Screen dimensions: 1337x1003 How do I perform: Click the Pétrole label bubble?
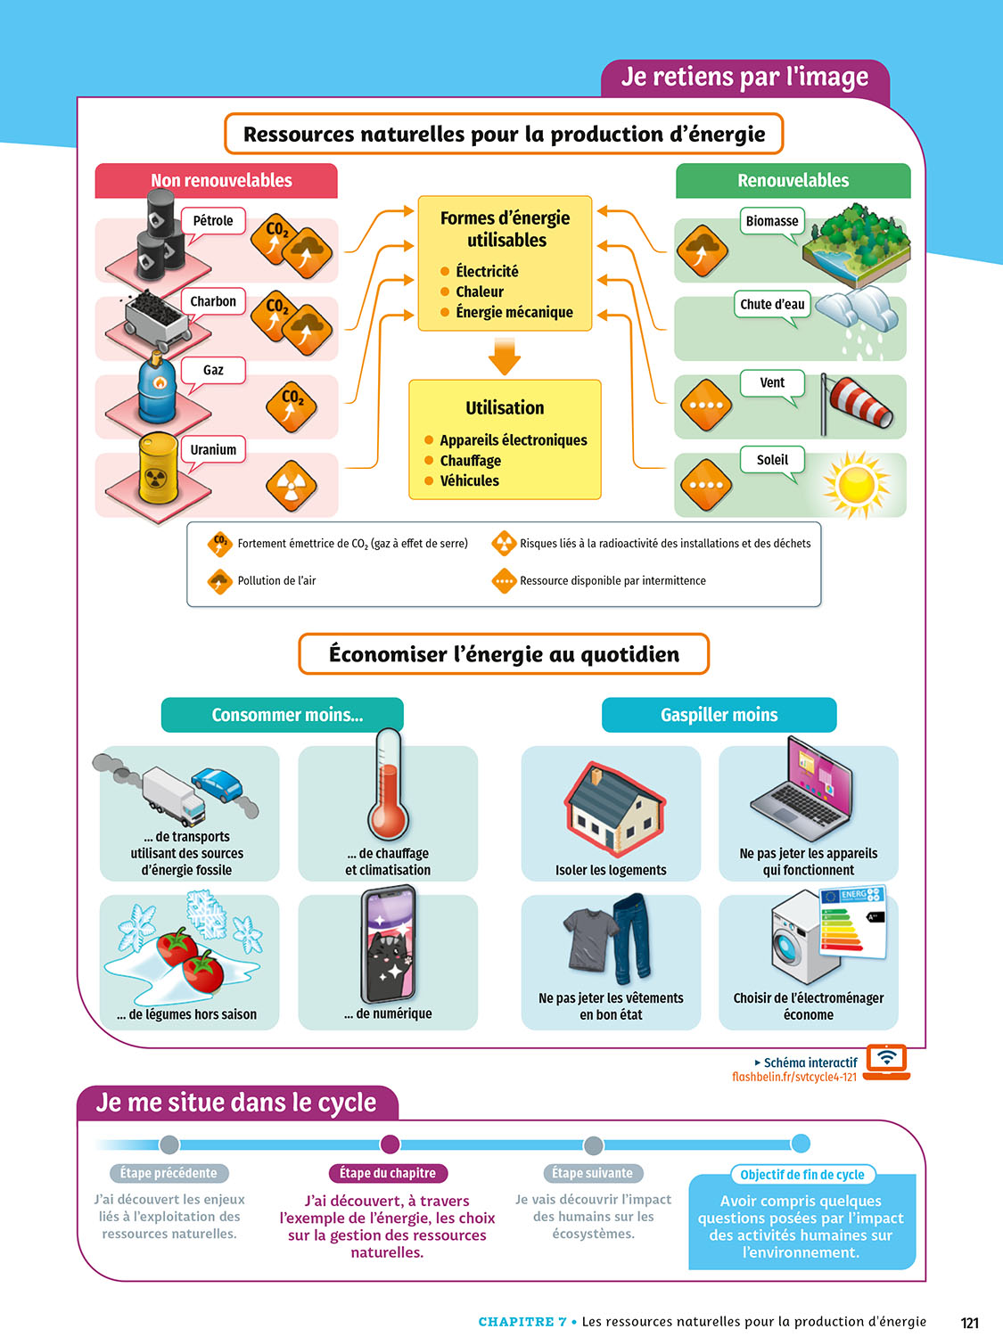click(x=213, y=221)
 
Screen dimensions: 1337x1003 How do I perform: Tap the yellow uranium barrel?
click(x=158, y=467)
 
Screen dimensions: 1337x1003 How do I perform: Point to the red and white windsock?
click(x=859, y=404)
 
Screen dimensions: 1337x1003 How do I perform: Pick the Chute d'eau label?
click(x=772, y=304)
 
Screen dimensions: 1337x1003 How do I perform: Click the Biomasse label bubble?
click(x=772, y=221)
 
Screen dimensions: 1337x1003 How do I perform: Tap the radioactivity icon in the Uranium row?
click(x=292, y=486)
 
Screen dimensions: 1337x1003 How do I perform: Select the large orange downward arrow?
click(x=505, y=356)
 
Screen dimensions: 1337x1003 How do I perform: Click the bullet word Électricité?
click(x=487, y=271)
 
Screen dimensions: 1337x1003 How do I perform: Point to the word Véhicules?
click(x=469, y=480)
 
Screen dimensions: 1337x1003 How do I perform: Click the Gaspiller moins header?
click(x=719, y=715)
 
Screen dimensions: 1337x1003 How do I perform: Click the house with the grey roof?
click(x=615, y=806)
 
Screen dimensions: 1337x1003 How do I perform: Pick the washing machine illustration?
click(x=799, y=939)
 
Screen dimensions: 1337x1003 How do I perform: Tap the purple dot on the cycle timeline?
click(x=391, y=1144)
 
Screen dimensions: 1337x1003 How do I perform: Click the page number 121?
click(x=969, y=1323)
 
